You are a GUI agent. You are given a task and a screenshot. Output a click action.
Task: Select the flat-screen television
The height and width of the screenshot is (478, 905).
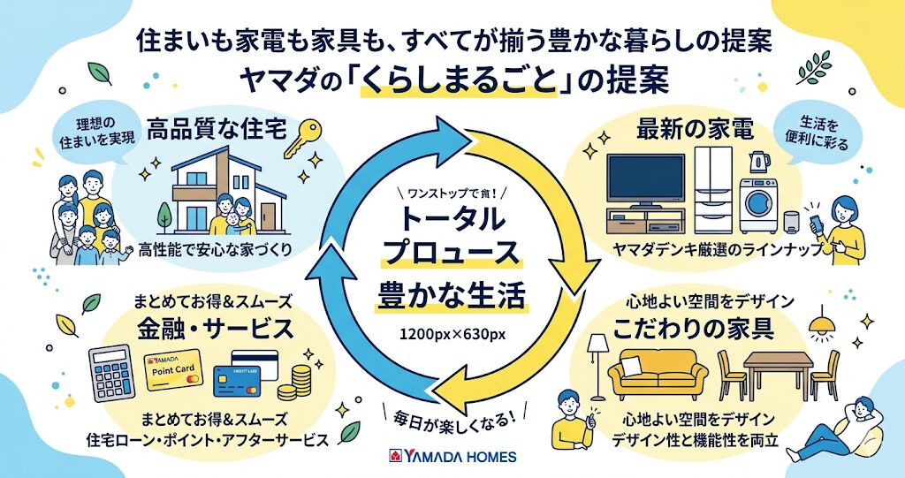click(x=646, y=180)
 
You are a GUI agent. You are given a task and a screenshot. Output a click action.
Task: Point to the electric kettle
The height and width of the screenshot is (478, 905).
click(x=758, y=163)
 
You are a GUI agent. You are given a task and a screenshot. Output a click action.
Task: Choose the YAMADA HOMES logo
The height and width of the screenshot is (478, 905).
click(x=452, y=457)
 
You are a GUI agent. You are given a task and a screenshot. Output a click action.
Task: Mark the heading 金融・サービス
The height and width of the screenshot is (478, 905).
click(x=214, y=329)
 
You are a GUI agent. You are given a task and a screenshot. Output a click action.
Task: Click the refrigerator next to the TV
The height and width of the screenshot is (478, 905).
click(x=713, y=189)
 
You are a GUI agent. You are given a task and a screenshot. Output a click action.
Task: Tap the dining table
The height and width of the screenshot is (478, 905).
click(x=778, y=369)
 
